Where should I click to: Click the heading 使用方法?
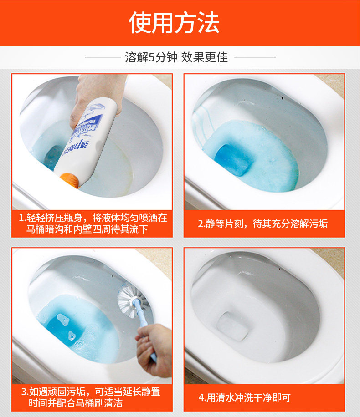[174, 23]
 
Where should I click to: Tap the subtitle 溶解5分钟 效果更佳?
[176, 57]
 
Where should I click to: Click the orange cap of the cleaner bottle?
[70, 180]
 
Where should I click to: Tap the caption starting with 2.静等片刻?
[262, 224]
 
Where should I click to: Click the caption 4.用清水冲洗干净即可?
[244, 397]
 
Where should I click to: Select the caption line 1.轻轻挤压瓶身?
[93, 218]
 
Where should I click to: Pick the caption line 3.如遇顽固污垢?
[91, 392]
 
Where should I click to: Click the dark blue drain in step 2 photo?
[233, 160]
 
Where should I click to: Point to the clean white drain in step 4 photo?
[232, 326]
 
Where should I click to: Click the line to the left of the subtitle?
[103, 57]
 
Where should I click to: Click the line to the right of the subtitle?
[255, 57]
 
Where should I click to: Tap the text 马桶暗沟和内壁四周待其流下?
[87, 229]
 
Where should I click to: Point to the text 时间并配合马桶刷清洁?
[76, 403]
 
